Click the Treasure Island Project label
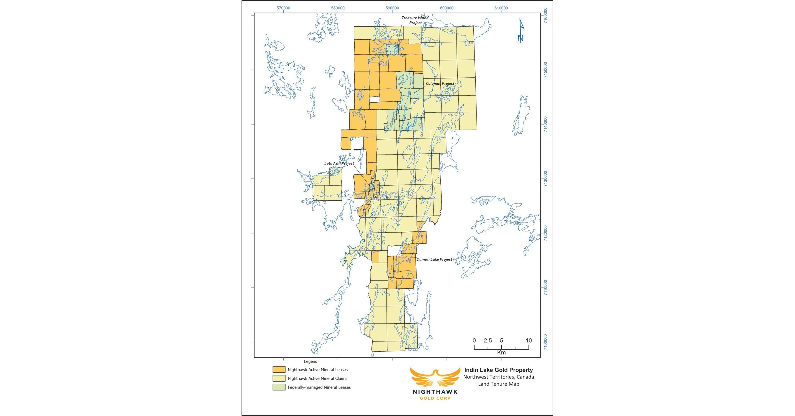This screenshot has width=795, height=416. tap(415, 20)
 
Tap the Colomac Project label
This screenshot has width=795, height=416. tap(440, 84)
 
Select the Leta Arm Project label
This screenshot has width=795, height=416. tap(339, 163)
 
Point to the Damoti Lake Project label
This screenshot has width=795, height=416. tap(434, 259)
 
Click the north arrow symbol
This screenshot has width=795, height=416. tap(521, 31)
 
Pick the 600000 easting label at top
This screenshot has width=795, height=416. tap(446, 8)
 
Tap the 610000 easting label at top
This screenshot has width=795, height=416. tap(501, 8)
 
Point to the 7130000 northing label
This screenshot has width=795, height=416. tap(546, 179)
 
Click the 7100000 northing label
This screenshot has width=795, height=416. tap(546, 342)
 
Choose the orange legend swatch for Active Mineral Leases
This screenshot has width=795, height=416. tap(279, 369)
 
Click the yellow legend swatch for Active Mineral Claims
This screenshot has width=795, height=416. tap(279, 378)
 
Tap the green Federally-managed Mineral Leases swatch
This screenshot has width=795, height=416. tap(279, 387)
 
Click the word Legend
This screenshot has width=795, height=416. tap(311, 361)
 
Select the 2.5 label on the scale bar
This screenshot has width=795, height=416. tap(488, 341)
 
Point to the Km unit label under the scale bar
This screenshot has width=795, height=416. tap(501, 352)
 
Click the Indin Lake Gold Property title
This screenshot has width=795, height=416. tap(498, 370)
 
